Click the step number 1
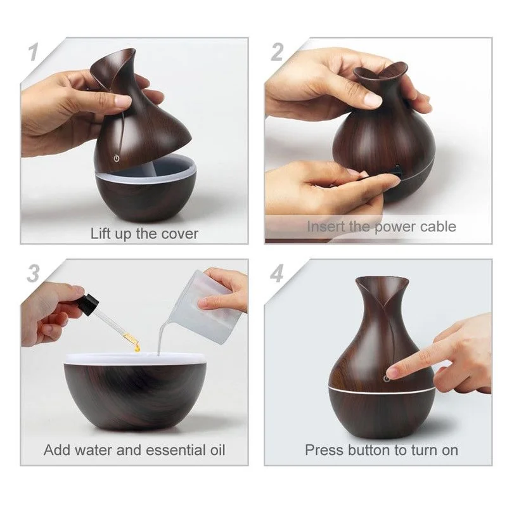click(x=34, y=52)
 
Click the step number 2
click(x=277, y=52)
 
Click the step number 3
click(x=34, y=274)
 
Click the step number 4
click(x=277, y=274)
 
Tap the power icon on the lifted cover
click(x=117, y=158)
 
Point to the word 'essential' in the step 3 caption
click(x=176, y=450)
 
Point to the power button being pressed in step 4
click(x=387, y=378)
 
